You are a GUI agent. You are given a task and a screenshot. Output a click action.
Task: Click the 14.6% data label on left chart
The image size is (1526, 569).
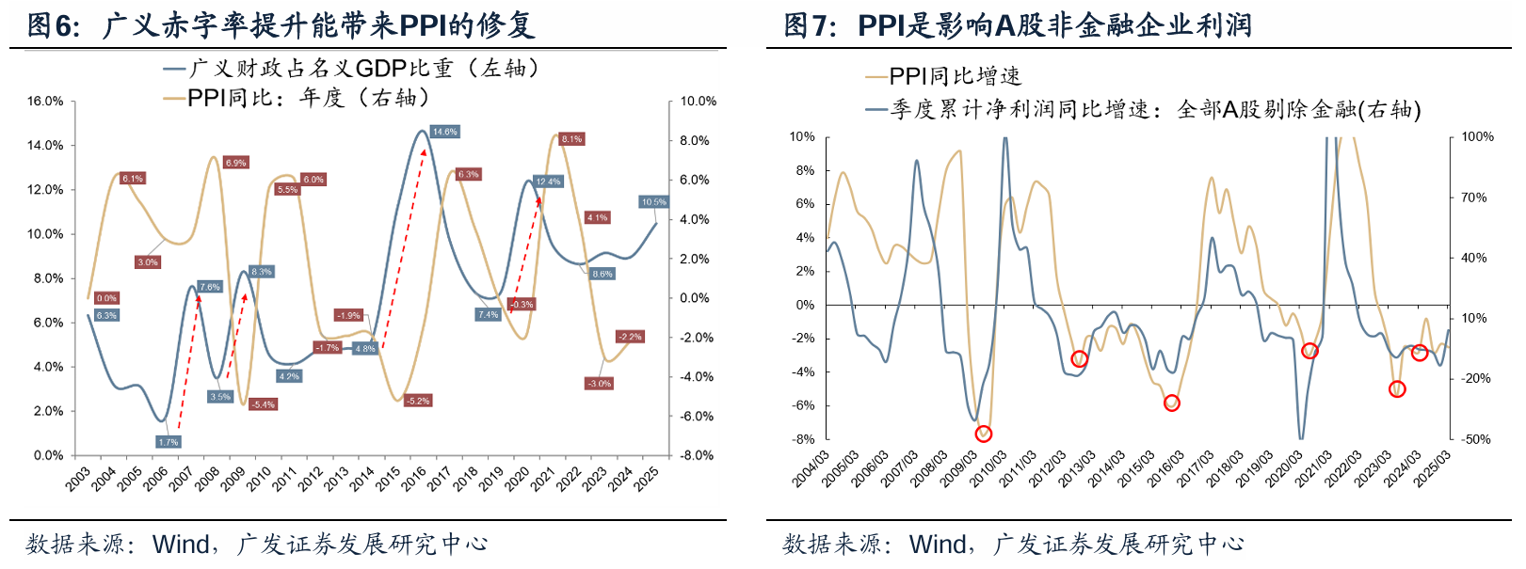click(x=444, y=132)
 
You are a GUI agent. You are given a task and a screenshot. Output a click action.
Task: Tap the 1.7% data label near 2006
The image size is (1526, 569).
click(x=168, y=441)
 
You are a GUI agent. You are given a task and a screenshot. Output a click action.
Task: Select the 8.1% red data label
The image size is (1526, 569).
click(x=571, y=139)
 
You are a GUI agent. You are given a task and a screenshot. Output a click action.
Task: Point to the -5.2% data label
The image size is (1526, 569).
click(x=417, y=401)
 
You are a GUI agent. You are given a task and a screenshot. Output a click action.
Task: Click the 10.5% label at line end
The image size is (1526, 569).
click(x=653, y=202)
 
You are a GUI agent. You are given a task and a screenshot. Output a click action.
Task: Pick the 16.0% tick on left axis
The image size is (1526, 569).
click(x=45, y=101)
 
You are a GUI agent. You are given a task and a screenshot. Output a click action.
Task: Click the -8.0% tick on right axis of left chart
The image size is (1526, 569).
click(x=697, y=455)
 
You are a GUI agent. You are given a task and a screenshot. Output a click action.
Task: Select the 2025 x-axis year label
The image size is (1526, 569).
click(x=647, y=479)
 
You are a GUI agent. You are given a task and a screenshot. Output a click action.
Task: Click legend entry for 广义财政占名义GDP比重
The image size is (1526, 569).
click(x=353, y=69)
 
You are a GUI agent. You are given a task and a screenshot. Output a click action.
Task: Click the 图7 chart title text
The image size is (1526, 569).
click(x=1017, y=24)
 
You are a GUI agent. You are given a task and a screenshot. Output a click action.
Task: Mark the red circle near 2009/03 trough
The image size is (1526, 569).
click(x=984, y=434)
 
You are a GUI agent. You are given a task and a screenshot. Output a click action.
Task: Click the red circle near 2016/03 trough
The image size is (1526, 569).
click(x=1172, y=403)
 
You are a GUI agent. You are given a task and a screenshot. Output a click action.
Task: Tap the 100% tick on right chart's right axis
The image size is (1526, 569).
click(x=1477, y=137)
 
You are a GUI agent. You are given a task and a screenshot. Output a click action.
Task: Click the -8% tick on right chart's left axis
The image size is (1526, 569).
click(x=803, y=439)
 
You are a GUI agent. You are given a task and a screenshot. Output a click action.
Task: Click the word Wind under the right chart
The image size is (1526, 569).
click(x=937, y=545)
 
